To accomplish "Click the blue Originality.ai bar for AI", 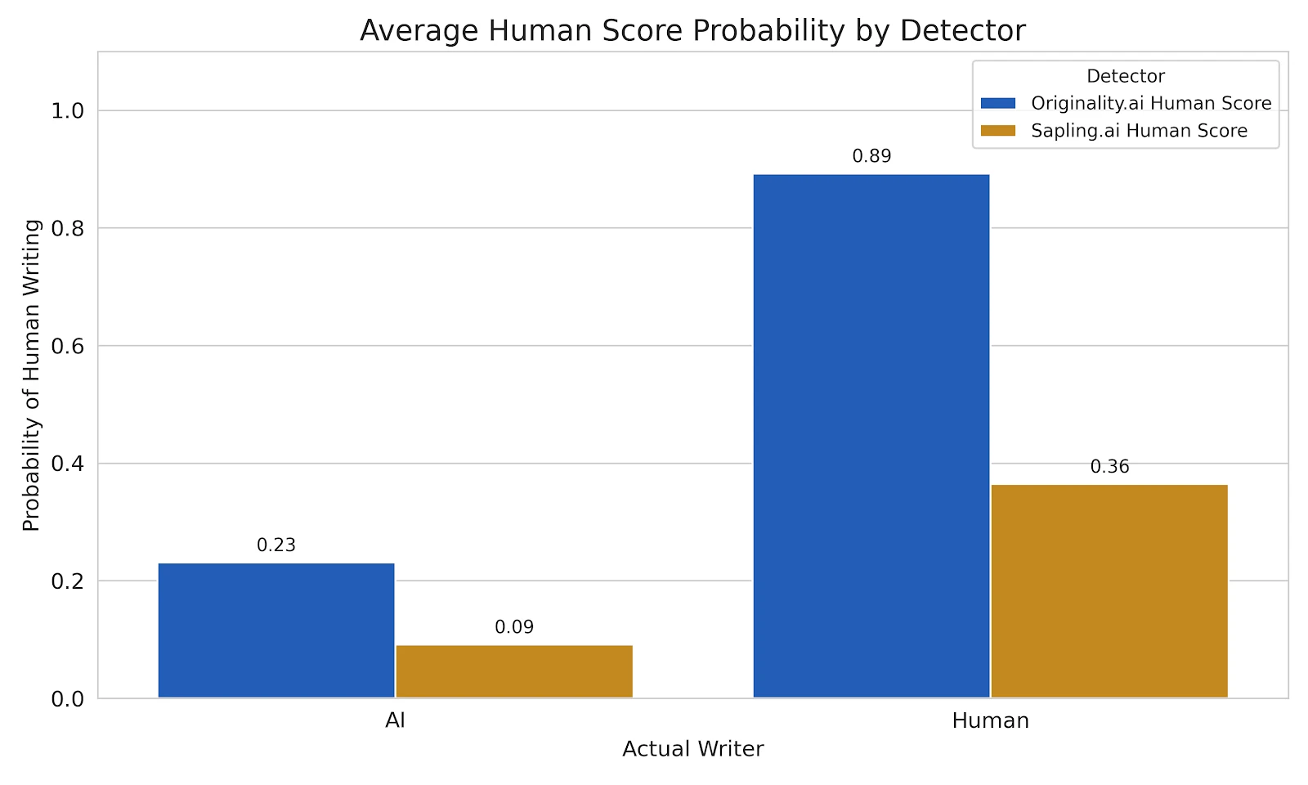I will (276, 630).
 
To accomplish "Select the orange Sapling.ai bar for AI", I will (514, 671).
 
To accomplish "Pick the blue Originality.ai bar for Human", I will (871, 436).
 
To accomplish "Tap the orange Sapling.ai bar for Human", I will (1109, 591).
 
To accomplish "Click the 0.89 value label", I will (871, 156).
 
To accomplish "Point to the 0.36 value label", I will (1109, 467).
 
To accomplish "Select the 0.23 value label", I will (276, 545).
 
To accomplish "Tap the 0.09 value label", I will (514, 627).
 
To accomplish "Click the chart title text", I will (692, 31).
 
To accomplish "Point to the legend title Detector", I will (1126, 76).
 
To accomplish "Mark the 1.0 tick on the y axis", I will (68, 111).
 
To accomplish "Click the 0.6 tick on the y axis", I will (68, 346).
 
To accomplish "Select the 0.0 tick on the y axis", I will (68, 699).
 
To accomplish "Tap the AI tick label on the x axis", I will (395, 721).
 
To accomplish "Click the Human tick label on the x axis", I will (990, 721).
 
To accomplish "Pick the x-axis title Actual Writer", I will (692, 749).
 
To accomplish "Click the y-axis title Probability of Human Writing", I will (31, 375).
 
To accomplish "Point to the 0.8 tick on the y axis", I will (68, 228).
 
